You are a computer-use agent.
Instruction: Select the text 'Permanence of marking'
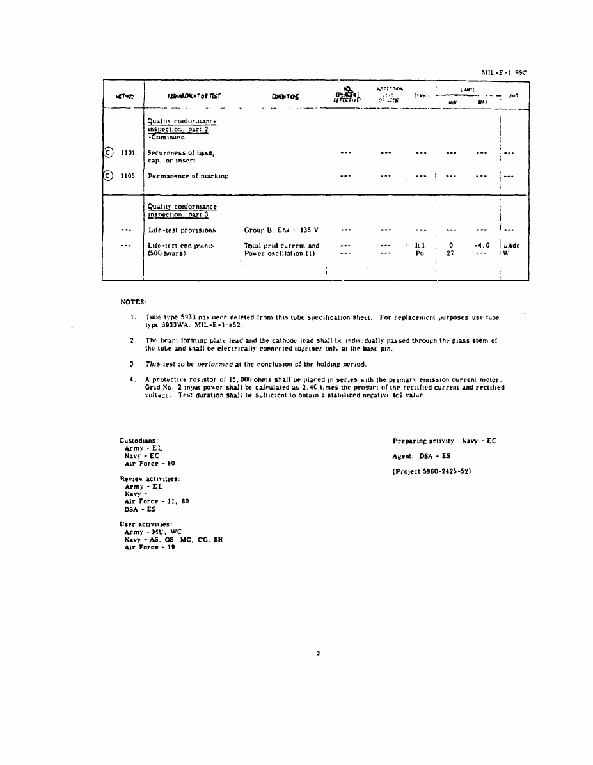(188, 175)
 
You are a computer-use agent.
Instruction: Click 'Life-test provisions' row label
(182, 230)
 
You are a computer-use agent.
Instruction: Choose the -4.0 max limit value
(482, 245)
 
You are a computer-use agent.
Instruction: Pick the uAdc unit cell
(510, 245)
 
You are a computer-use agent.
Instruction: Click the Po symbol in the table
(420, 253)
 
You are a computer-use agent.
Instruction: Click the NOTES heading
(133, 301)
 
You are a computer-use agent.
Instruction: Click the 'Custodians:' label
(139, 440)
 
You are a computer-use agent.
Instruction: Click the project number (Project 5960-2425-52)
(432, 472)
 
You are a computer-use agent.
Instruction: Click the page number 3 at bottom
(318, 653)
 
